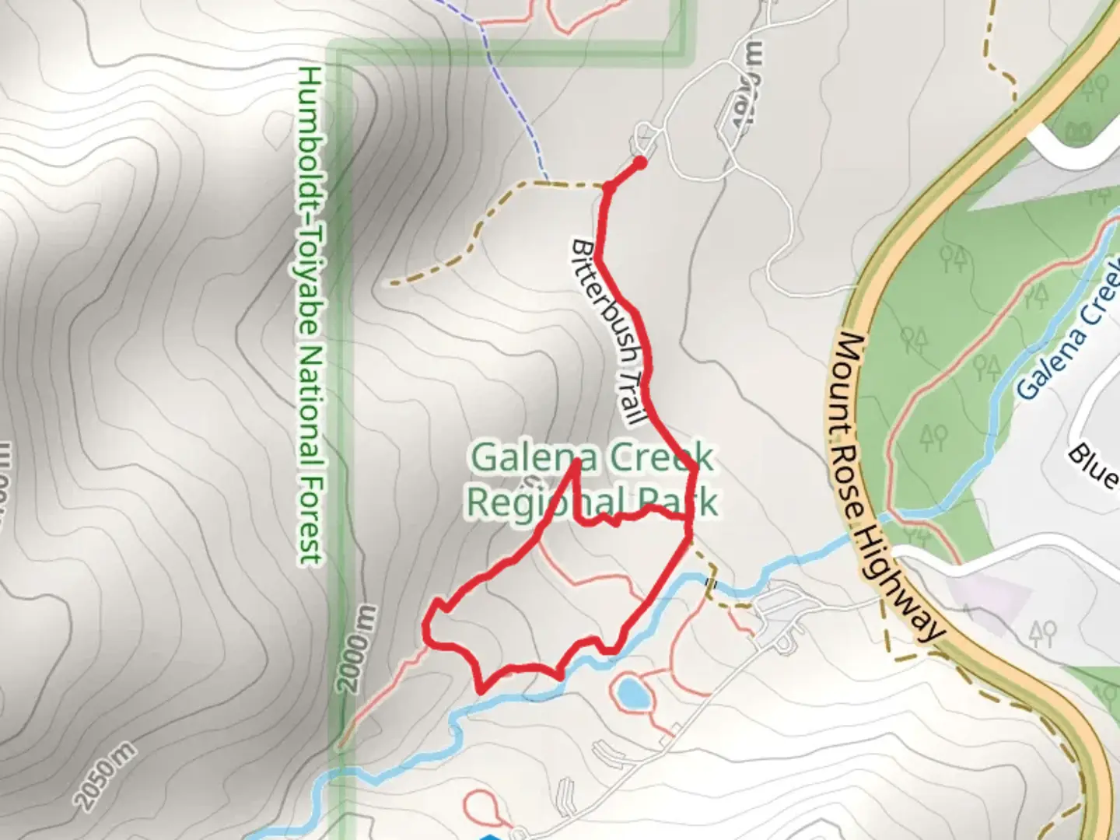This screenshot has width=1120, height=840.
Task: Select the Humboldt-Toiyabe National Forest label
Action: coord(310,314)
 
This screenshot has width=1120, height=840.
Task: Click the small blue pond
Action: coord(632,692)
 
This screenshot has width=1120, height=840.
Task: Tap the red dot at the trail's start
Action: coord(639,163)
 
